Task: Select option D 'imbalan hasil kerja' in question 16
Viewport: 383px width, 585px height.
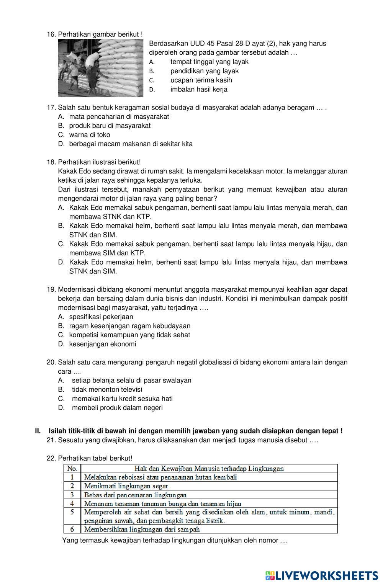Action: (199, 90)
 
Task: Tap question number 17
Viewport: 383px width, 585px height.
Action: (51, 108)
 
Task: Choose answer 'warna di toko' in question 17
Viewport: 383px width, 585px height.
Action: (90, 135)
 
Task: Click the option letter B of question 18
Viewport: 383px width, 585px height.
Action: (61, 226)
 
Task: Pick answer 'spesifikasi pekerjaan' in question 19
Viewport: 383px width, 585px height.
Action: (101, 317)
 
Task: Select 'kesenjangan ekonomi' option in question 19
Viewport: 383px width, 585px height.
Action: (103, 344)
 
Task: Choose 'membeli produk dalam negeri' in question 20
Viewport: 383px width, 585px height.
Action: (117, 408)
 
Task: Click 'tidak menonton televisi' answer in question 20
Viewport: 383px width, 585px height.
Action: (107, 389)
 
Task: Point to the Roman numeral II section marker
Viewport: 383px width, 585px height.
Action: (38, 431)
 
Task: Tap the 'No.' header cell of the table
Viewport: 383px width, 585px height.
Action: (72, 469)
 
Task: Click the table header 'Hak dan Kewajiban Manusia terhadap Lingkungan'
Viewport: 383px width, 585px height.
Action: (209, 469)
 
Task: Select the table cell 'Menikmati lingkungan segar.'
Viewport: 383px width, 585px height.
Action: (127, 486)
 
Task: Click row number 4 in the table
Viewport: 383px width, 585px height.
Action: (72, 503)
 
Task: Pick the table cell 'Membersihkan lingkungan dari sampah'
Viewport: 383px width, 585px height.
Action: (142, 529)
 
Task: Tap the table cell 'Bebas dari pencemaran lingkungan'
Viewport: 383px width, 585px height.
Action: (135, 495)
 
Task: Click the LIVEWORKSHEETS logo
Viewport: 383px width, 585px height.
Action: (321, 575)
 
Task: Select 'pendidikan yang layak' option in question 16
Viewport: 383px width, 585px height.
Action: (204, 71)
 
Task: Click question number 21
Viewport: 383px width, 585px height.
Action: (51, 440)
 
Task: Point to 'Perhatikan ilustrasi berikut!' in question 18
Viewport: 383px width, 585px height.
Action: (99, 162)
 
